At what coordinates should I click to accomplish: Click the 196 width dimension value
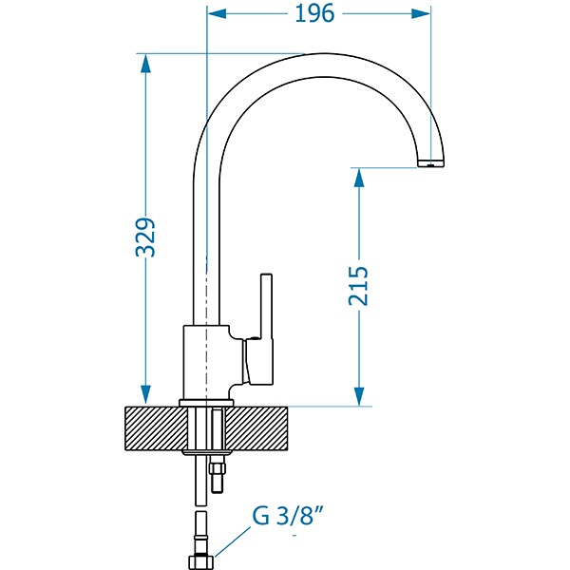314,14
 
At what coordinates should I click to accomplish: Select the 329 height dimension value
145,237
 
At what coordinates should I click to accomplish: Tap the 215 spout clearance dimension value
358,286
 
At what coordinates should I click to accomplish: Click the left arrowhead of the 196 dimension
217,14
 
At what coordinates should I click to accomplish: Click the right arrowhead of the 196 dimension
421,14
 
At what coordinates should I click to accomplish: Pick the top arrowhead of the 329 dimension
145,64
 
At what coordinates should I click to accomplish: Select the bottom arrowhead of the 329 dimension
145,395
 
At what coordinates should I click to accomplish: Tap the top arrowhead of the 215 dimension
359,178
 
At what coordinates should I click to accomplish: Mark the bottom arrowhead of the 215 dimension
359,396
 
